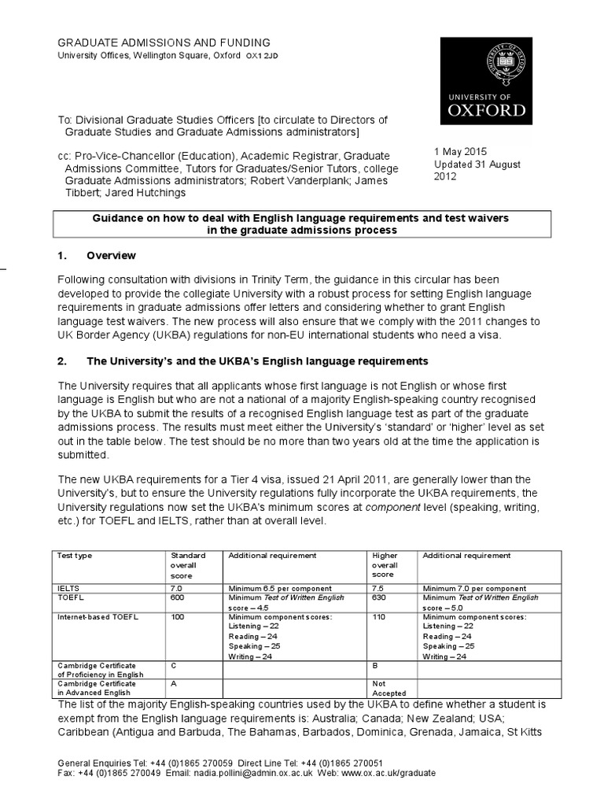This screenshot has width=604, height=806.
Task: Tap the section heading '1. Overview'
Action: pyautogui.click(x=111, y=256)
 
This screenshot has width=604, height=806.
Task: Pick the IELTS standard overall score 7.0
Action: pyautogui.click(x=179, y=588)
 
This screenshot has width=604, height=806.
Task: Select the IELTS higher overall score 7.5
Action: pyautogui.click(x=379, y=588)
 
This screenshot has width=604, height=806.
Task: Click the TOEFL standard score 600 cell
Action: pyautogui.click(x=179, y=597)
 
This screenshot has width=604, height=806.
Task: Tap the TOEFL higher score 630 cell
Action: pyautogui.click(x=380, y=597)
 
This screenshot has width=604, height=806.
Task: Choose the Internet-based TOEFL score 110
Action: pyautogui.click(x=380, y=617)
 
